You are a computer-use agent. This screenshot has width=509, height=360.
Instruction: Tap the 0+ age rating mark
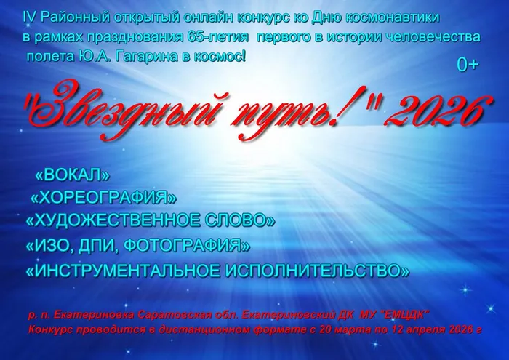click(x=467, y=65)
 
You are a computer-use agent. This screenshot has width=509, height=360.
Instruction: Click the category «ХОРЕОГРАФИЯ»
click(x=104, y=197)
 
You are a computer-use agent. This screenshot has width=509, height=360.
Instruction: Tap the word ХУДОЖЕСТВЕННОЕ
click(x=111, y=220)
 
